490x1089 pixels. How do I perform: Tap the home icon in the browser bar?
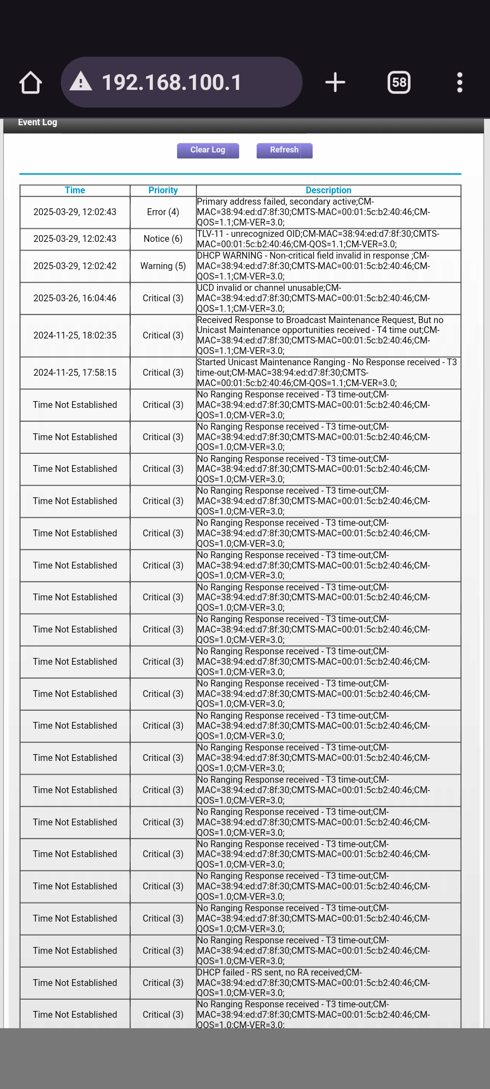click(x=30, y=83)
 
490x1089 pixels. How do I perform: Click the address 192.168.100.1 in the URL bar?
click(x=171, y=83)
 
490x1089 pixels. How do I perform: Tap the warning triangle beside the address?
click(x=81, y=82)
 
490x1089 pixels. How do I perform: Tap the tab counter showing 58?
click(x=399, y=83)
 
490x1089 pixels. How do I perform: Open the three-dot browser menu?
click(x=460, y=83)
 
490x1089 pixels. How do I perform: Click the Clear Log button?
click(x=208, y=150)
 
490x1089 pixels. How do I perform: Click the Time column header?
click(x=75, y=190)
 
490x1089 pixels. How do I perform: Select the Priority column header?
click(x=163, y=190)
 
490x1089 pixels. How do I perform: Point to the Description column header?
click(x=328, y=190)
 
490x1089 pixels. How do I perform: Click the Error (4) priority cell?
click(x=163, y=212)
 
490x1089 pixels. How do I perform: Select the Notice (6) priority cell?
click(x=163, y=239)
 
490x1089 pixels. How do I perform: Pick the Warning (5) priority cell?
click(x=163, y=266)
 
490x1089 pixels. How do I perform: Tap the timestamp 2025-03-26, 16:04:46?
click(x=75, y=298)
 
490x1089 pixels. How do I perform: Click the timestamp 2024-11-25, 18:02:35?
click(x=75, y=335)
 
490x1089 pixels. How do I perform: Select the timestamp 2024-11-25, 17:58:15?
click(x=75, y=373)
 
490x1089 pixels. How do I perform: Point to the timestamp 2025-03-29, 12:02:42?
click(x=75, y=266)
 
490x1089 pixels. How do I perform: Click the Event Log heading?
click(x=38, y=122)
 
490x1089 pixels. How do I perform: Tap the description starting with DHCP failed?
click(x=313, y=982)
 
